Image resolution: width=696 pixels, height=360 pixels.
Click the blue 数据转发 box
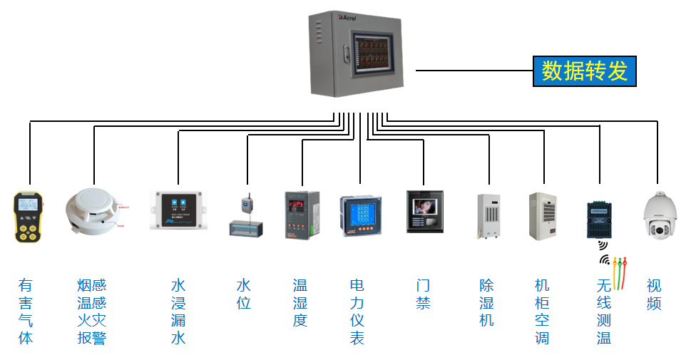coord(583,71)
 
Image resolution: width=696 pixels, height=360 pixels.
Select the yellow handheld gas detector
coord(29,216)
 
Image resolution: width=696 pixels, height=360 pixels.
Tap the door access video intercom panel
coord(424,211)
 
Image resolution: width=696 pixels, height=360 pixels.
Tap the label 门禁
coord(424,294)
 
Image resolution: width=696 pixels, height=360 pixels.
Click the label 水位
coord(244,294)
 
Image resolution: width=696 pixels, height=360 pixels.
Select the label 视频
coord(654,294)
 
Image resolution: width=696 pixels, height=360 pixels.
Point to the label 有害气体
coord(26,312)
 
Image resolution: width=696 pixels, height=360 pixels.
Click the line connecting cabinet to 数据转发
coord(474,71)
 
